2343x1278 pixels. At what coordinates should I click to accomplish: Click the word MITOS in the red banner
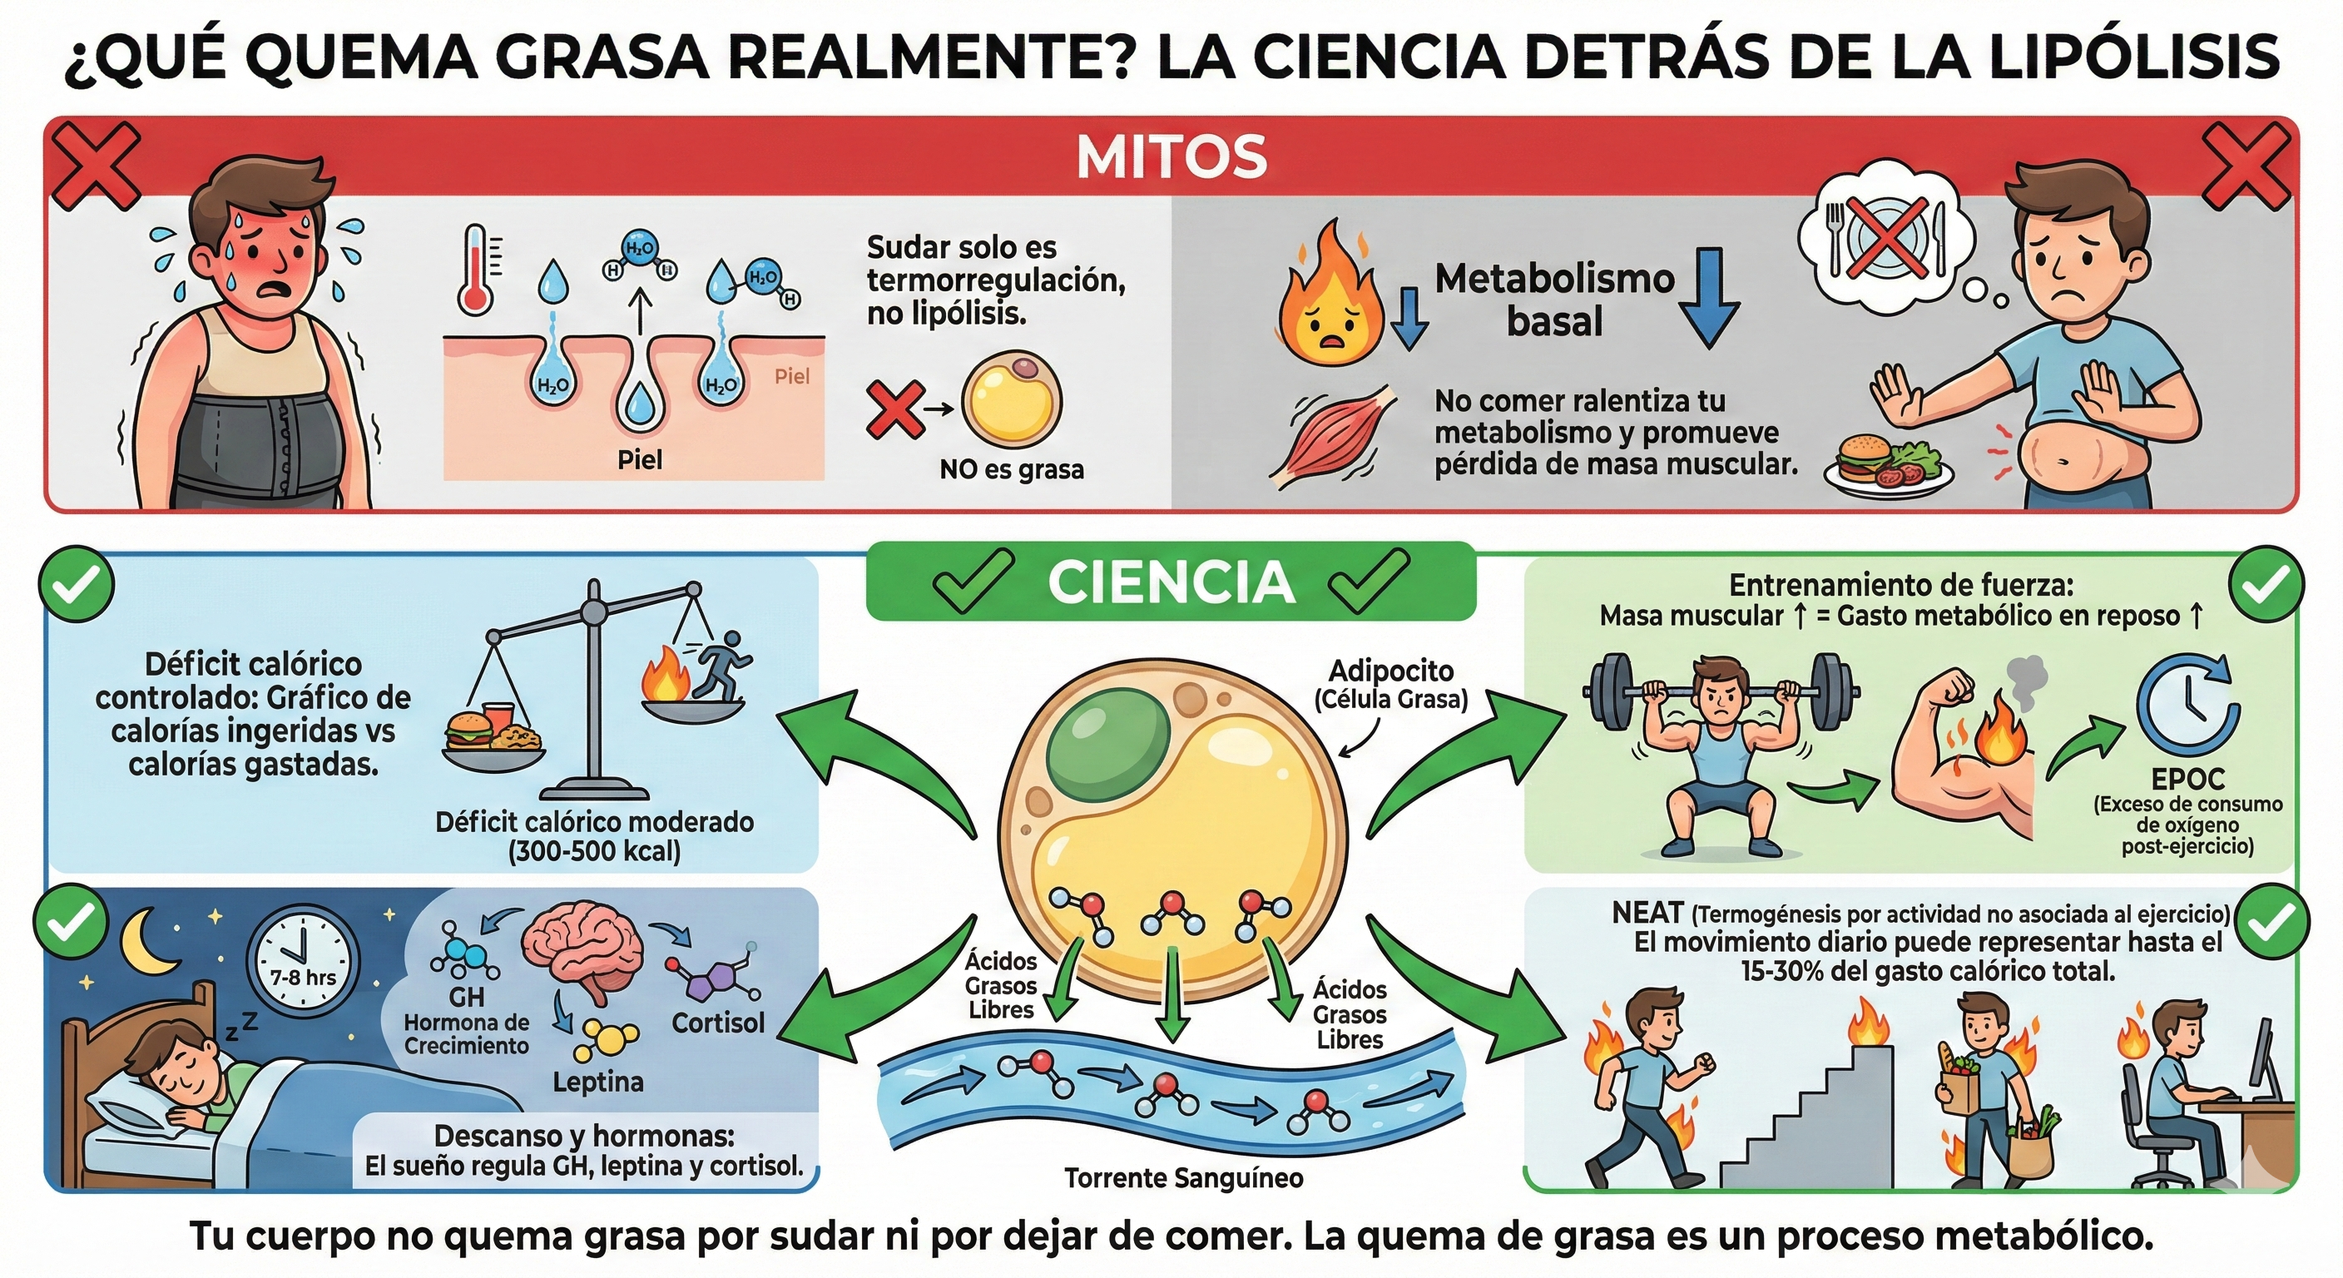pyautogui.click(x=1171, y=157)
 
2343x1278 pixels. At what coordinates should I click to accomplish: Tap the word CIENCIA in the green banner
pyautogui.click(x=1171, y=582)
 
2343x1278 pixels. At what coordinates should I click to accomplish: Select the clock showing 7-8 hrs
pyautogui.click(x=303, y=959)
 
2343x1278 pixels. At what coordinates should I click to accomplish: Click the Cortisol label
pyautogui.click(x=718, y=1023)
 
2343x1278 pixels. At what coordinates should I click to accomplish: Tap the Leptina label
pyautogui.click(x=597, y=1082)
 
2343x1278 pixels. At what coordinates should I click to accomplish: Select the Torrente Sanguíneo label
pyautogui.click(x=1183, y=1178)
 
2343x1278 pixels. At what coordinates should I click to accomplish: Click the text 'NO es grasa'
pyautogui.click(x=1012, y=469)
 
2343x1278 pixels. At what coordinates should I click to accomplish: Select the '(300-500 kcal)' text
pyautogui.click(x=594, y=851)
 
